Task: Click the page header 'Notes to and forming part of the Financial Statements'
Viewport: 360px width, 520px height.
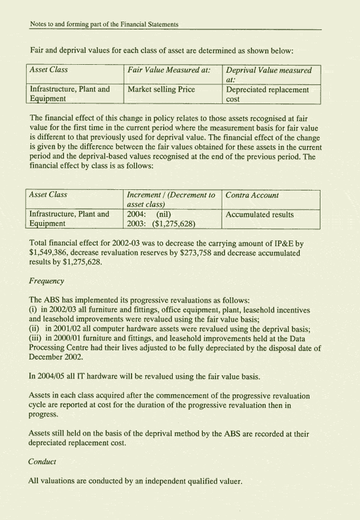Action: [x=105, y=24]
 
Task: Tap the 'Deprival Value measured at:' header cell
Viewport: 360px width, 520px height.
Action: [x=269, y=74]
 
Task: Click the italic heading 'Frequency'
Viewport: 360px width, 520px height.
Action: [x=46, y=281]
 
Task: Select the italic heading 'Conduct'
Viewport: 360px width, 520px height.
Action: [x=43, y=461]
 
